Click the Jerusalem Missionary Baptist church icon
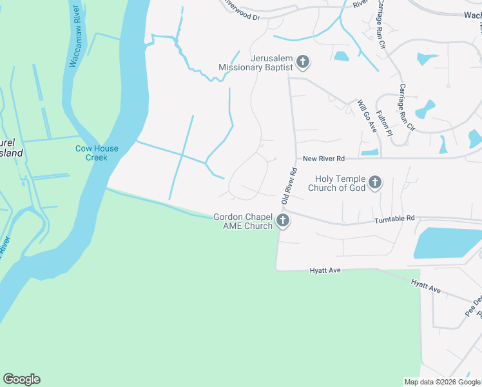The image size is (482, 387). (x=303, y=63)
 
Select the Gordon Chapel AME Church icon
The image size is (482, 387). (x=282, y=222)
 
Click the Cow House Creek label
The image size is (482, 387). (x=97, y=153)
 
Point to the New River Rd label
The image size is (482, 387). (x=323, y=159)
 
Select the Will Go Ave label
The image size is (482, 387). (x=367, y=117)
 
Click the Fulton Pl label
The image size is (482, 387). (x=384, y=124)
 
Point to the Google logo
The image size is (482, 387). (x=21, y=379)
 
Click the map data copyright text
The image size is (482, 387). (x=443, y=382)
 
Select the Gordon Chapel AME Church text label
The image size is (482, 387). (x=244, y=221)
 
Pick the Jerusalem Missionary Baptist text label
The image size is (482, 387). (x=256, y=62)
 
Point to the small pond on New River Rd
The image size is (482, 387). (x=370, y=152)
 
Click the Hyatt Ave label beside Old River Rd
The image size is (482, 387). (x=324, y=272)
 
